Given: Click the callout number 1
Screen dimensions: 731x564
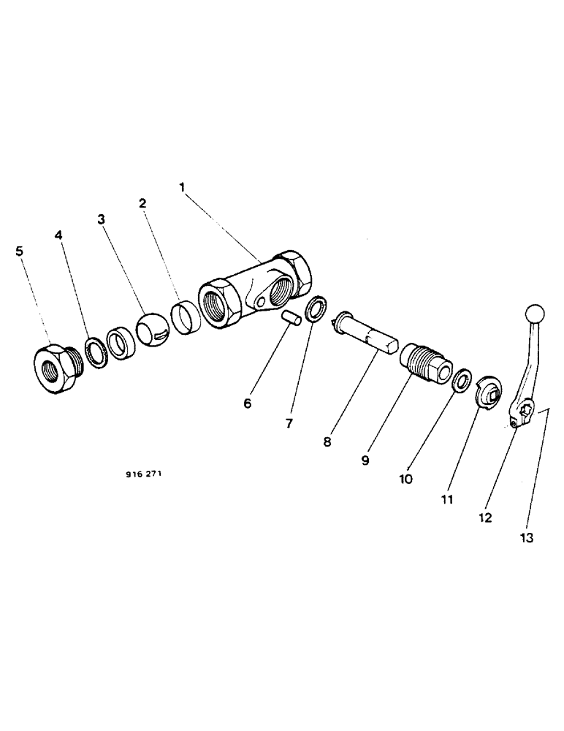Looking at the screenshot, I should (x=183, y=187).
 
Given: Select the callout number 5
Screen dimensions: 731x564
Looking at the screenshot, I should (x=19, y=251).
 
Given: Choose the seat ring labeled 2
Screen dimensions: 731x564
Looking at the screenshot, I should (x=185, y=319).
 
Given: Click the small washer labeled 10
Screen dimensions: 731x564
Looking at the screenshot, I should (x=462, y=381).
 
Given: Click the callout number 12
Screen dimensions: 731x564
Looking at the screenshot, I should (x=485, y=518).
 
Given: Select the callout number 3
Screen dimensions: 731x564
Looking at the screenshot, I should (x=102, y=219).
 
